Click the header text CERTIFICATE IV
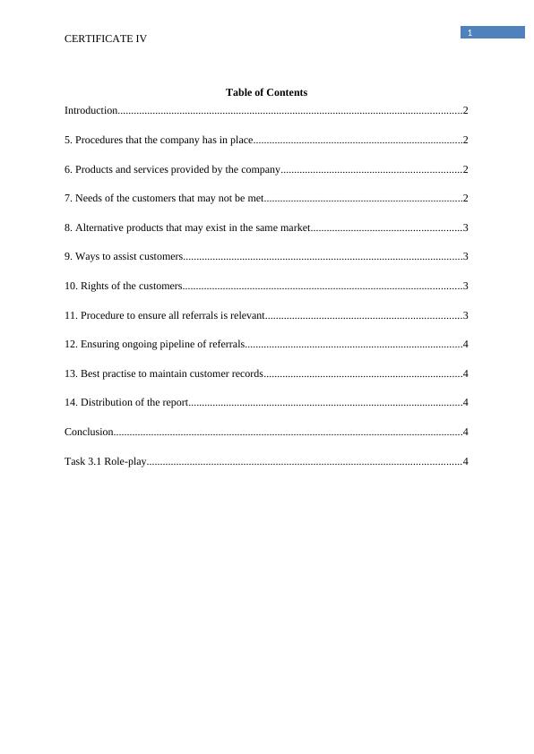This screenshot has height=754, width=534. pyautogui.click(x=106, y=39)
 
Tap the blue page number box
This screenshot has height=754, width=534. pyautogui.click(x=493, y=32)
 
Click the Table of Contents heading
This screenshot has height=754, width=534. pyautogui.click(x=266, y=92)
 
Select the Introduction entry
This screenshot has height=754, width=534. pyautogui.click(x=90, y=110)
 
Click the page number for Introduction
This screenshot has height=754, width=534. pyautogui.click(x=466, y=110)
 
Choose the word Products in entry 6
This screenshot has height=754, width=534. pyautogui.click(x=95, y=169)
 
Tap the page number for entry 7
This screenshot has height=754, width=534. pyautogui.click(x=466, y=198)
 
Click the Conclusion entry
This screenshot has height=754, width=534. pyautogui.click(x=89, y=432)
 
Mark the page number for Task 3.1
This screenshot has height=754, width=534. pyautogui.click(x=466, y=461)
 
